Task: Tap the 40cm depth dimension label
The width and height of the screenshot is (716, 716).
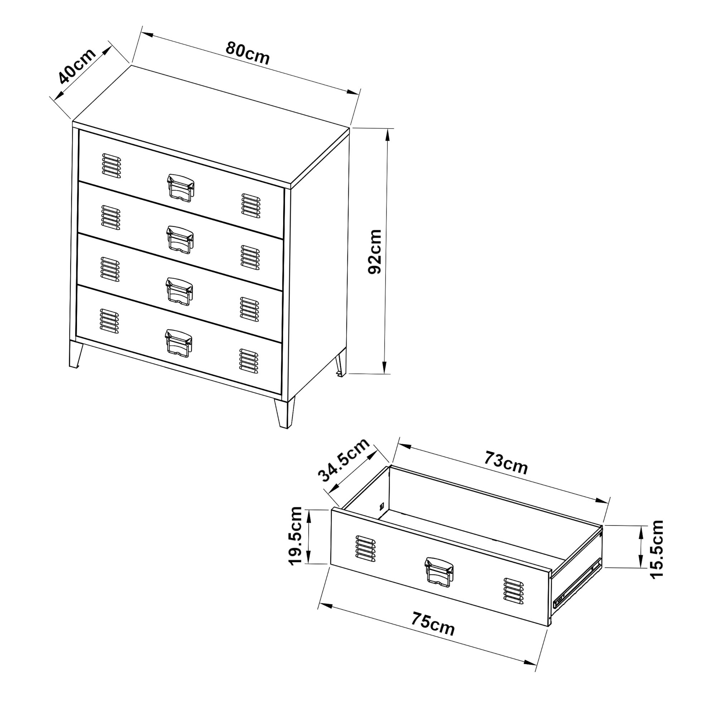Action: [77, 66]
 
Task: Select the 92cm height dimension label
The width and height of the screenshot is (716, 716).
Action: [375, 252]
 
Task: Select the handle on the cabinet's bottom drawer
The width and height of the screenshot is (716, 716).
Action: [179, 343]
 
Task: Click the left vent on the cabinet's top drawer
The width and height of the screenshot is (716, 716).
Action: [111, 166]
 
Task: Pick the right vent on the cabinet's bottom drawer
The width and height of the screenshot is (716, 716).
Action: [249, 361]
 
